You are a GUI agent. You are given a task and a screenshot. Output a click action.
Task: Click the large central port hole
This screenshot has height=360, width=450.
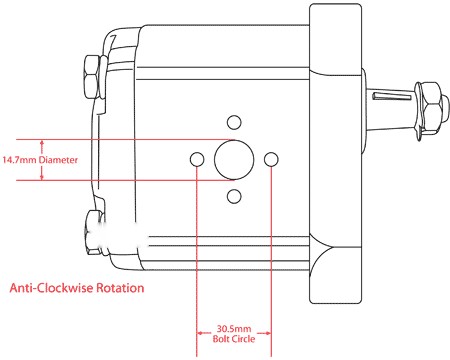pyautogui.click(x=234, y=160)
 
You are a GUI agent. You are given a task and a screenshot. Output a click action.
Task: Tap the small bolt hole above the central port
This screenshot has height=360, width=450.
pyautogui.click(x=234, y=122)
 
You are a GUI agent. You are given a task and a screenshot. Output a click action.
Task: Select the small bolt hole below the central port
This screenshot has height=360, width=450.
pyautogui.click(x=234, y=196)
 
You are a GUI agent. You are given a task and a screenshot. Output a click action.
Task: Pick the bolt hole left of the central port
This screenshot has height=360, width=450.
pyautogui.click(x=197, y=159)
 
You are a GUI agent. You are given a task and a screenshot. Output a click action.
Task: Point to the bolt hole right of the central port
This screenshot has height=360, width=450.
pyautogui.click(x=271, y=159)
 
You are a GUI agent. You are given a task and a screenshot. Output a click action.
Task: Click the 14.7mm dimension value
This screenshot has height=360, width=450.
pyautogui.click(x=19, y=160)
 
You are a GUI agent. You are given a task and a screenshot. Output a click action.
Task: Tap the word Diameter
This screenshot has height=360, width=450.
pyautogui.click(x=58, y=160)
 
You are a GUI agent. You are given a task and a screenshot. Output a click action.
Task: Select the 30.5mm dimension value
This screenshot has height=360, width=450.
pyautogui.click(x=234, y=329)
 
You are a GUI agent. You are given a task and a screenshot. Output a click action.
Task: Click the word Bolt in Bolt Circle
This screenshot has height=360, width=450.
pyautogui.click(x=221, y=339)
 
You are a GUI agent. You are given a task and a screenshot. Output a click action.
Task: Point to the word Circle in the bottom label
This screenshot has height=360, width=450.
pyautogui.click(x=243, y=339)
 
